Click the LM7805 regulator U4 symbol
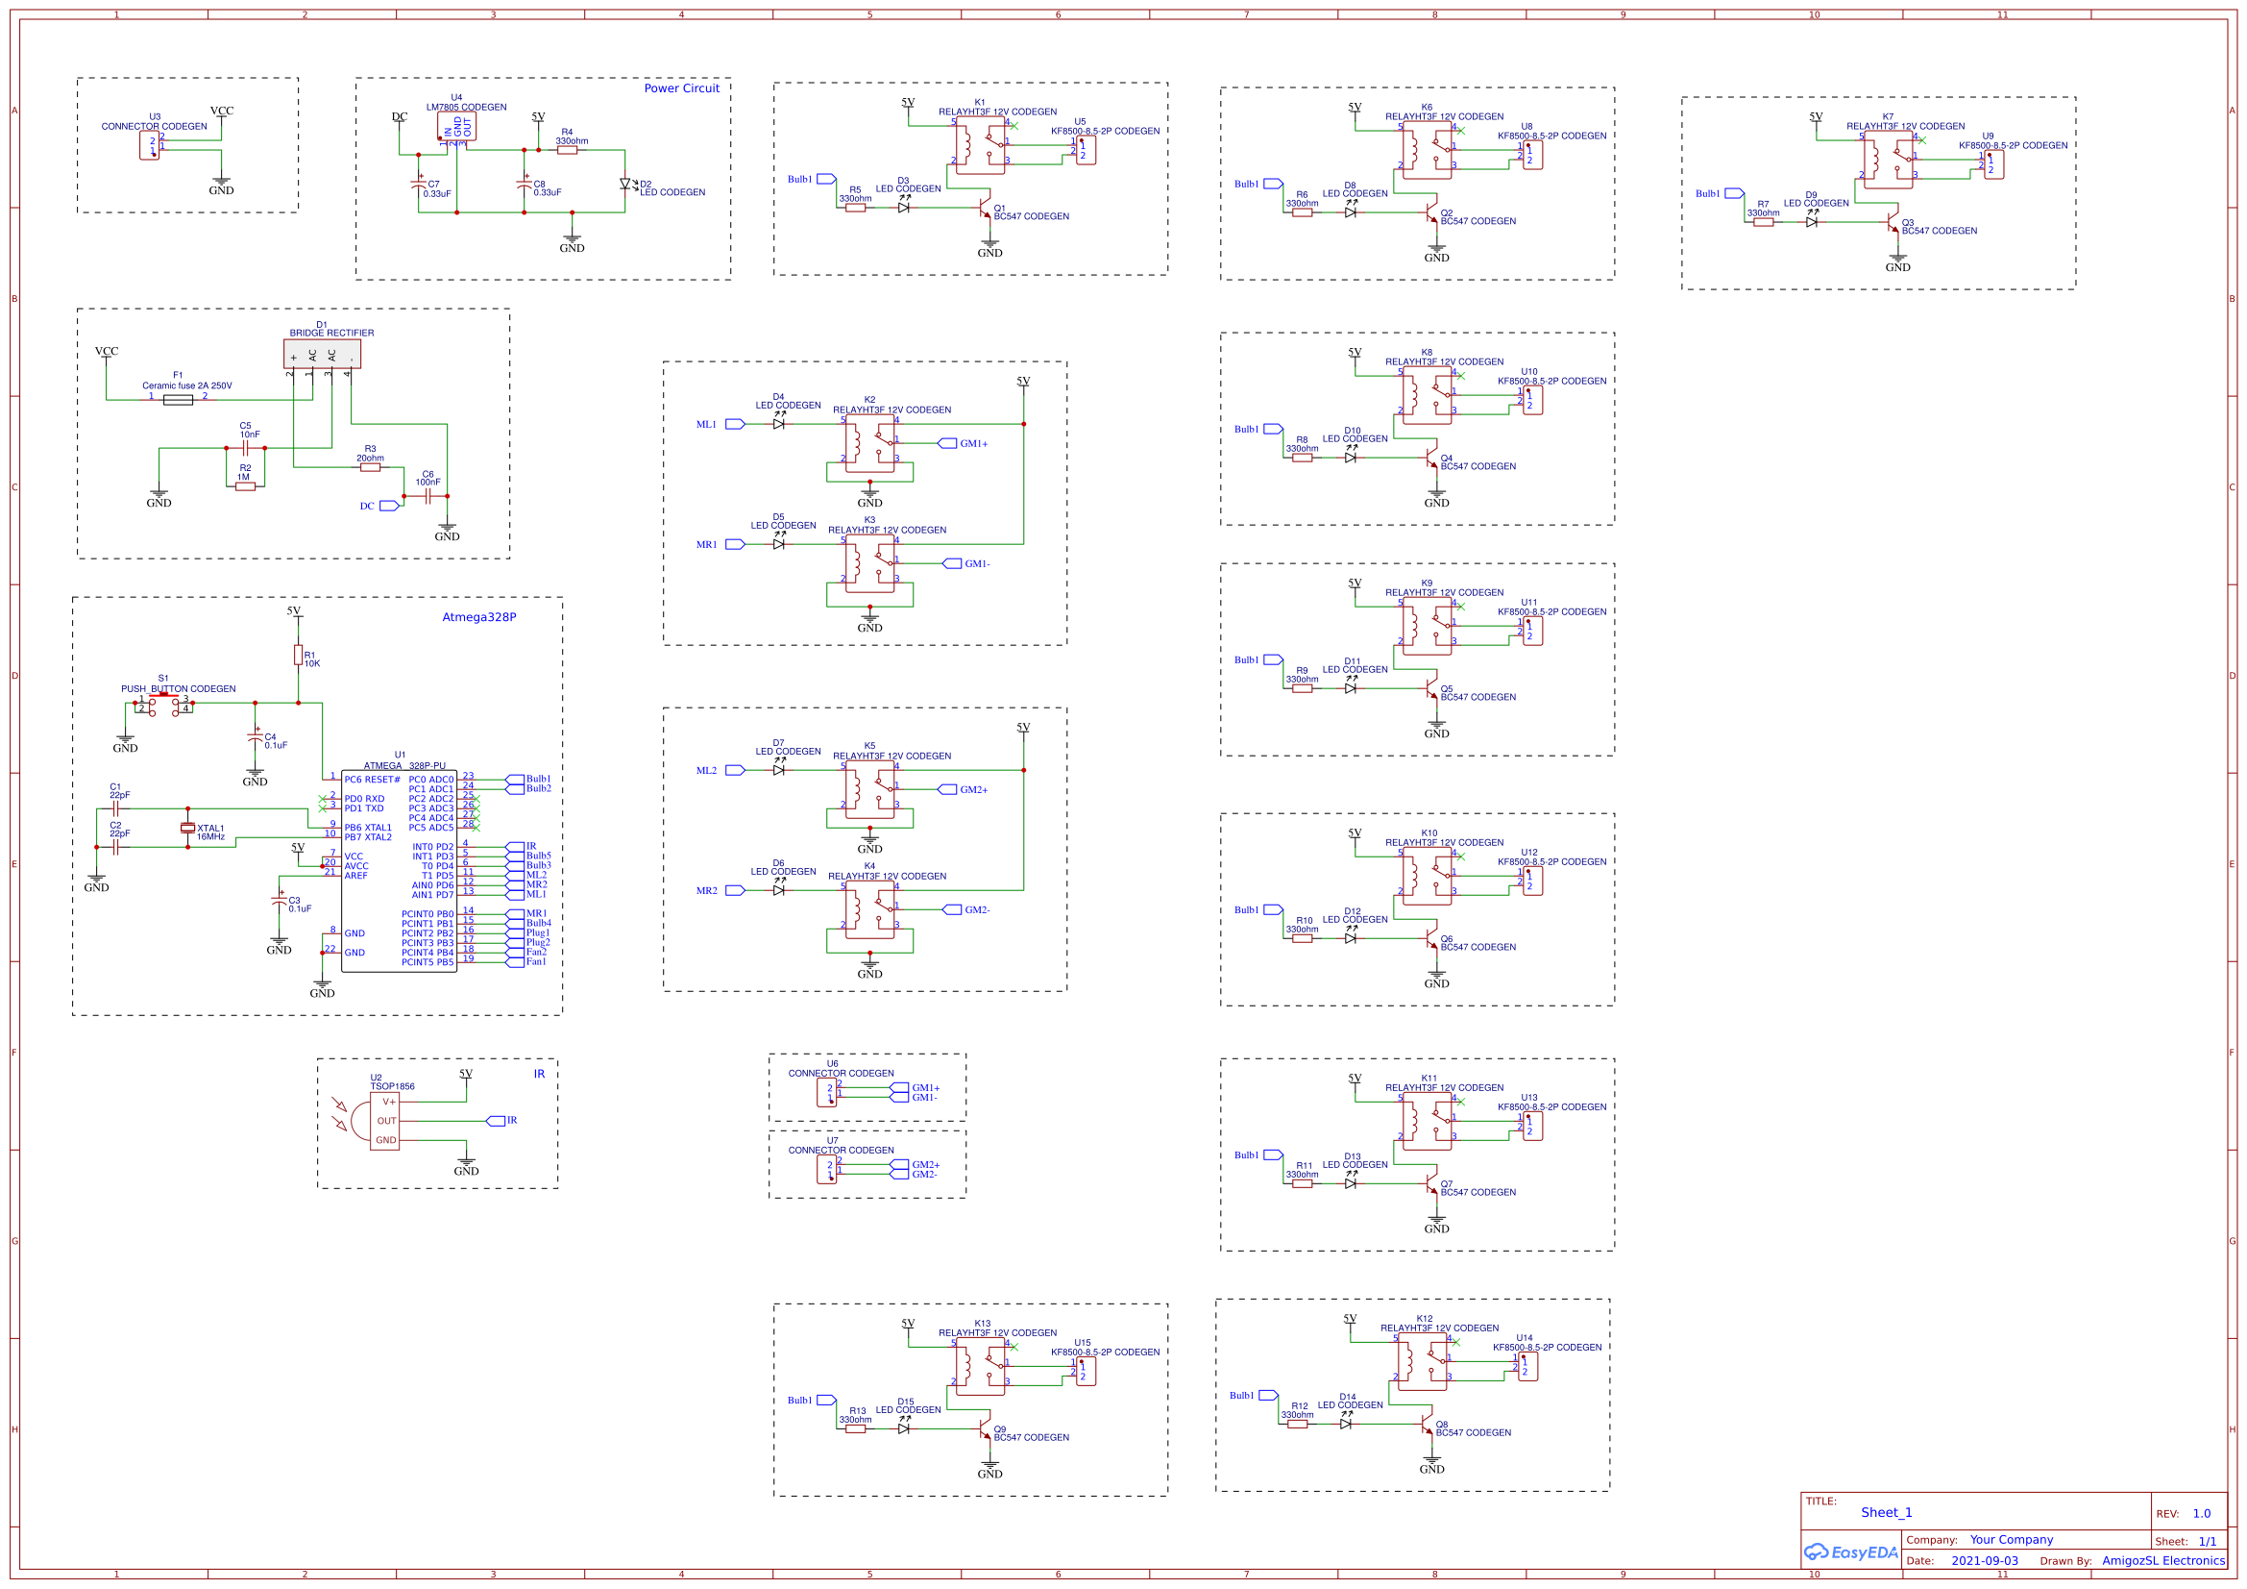[456, 127]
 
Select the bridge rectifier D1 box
[322, 354]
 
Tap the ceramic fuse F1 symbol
[177, 400]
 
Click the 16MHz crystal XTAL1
[188, 829]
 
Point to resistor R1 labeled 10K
[298, 655]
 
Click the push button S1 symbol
[163, 704]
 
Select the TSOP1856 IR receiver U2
[383, 1121]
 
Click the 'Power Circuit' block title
[681, 88]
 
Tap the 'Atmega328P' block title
[478, 617]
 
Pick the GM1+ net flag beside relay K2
[947, 443]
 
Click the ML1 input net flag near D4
[735, 424]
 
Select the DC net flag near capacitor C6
[388, 507]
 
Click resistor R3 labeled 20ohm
[370, 467]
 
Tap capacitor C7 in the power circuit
[418, 184]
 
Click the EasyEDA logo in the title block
[1850, 1552]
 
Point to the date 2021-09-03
[1984, 1560]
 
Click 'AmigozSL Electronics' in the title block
[2162, 1560]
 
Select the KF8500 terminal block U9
[1993, 164]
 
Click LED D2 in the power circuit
[624, 184]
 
